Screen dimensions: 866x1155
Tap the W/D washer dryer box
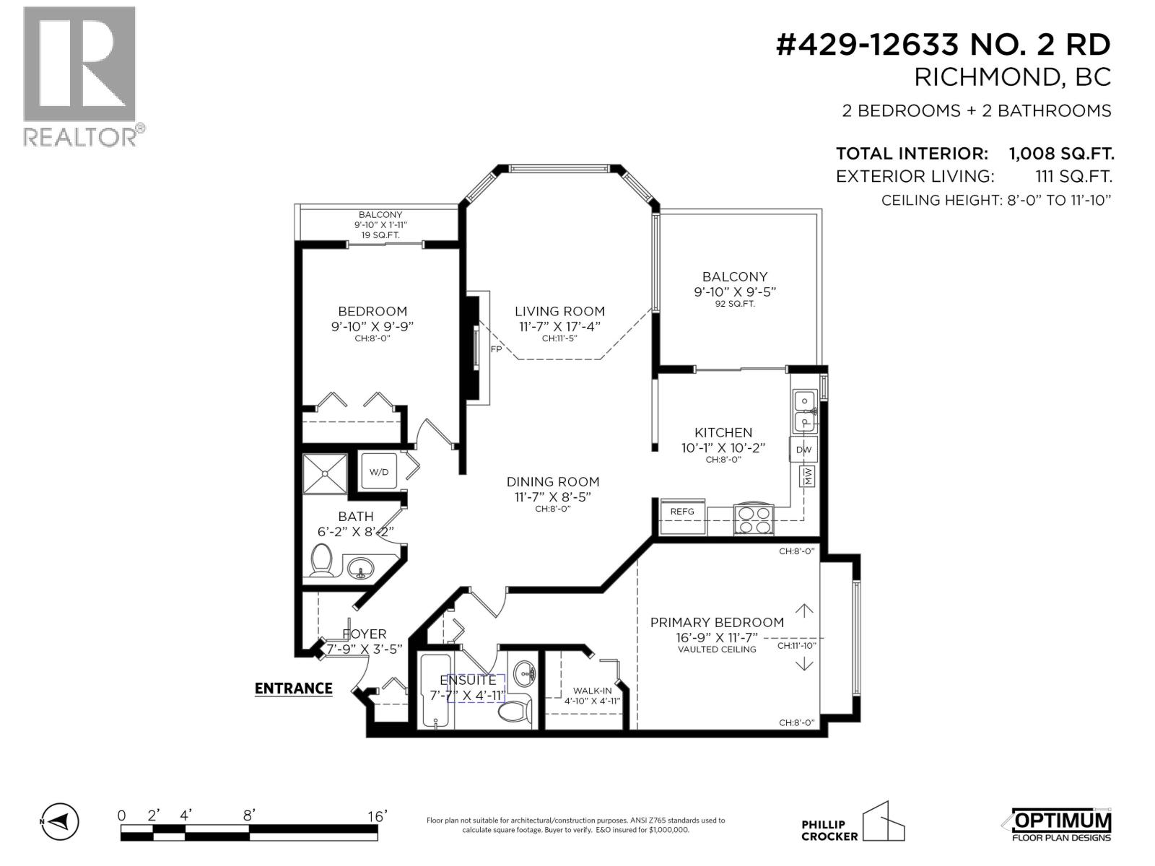coord(379,472)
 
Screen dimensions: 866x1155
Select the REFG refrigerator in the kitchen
coord(683,512)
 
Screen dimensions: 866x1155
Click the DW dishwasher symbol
coord(803,450)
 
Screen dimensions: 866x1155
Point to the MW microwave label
coord(808,476)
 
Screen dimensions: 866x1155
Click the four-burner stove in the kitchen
coord(754,519)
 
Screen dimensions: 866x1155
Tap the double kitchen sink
coord(805,411)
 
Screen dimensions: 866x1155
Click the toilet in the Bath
coord(322,561)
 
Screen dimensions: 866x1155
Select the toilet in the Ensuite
coord(513,710)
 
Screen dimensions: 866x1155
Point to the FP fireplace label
coord(496,349)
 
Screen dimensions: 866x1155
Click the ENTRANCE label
coord(294,688)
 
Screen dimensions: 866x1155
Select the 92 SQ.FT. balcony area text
coord(735,304)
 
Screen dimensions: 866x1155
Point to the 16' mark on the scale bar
coord(377,816)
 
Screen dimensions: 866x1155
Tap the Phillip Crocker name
coord(829,831)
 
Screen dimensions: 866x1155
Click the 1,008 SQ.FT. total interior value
coord(1060,154)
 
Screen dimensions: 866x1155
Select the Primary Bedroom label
coord(717,622)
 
